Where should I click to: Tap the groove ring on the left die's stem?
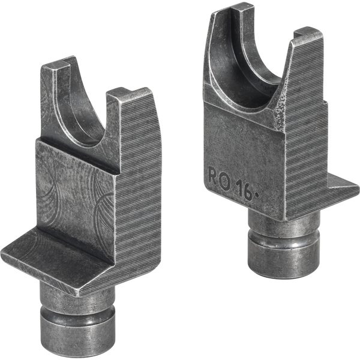[x=74, y=307]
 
